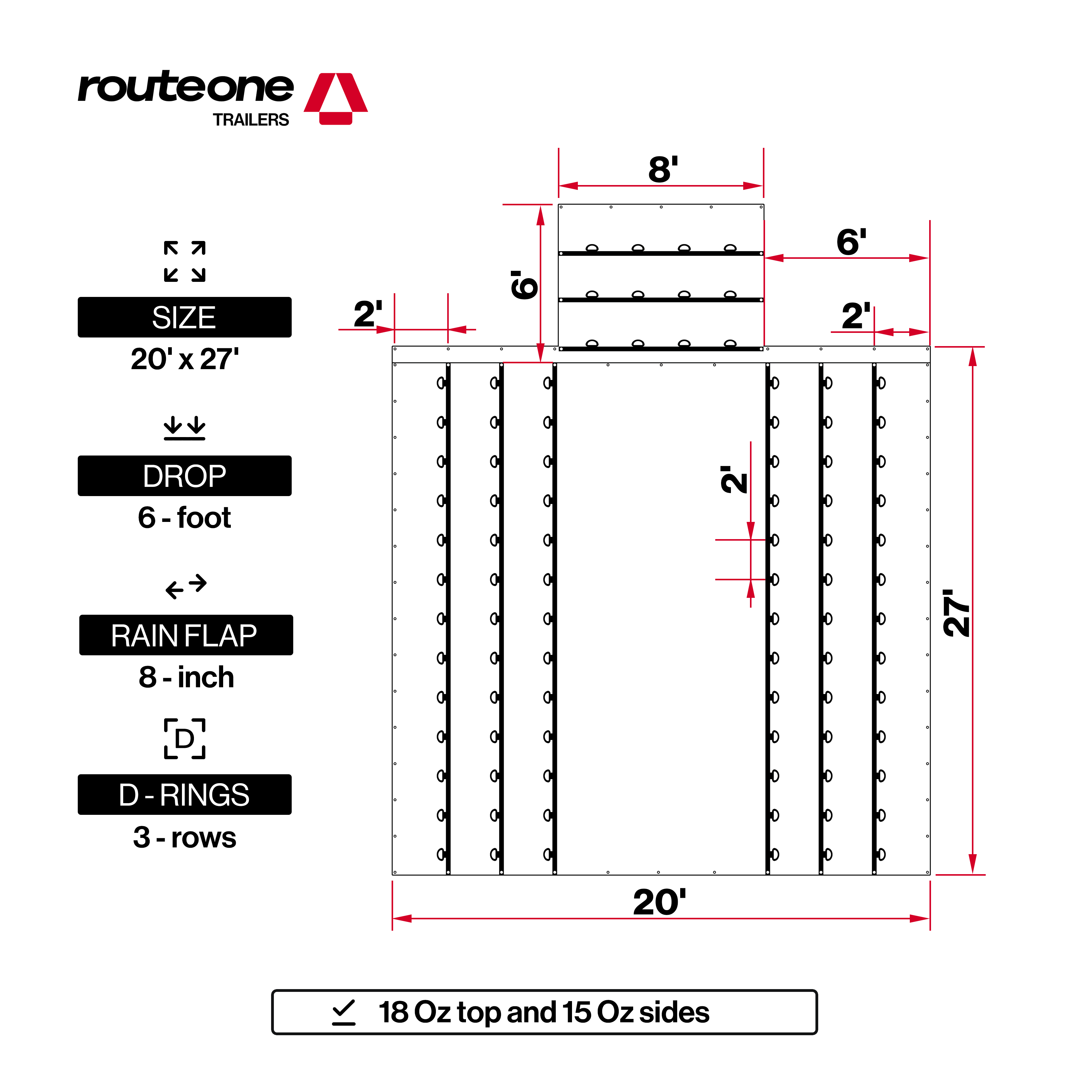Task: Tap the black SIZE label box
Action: [184, 317]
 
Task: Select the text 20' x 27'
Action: [184, 359]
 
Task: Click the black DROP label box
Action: [184, 476]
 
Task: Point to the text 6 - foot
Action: [184, 517]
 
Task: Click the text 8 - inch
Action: [186, 677]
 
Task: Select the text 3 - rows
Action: [184, 837]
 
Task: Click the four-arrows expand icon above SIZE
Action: [184, 261]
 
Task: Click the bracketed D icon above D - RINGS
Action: [184, 738]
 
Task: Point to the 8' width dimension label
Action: [663, 169]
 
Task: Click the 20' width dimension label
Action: [660, 902]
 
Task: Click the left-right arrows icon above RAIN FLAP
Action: [186, 586]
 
